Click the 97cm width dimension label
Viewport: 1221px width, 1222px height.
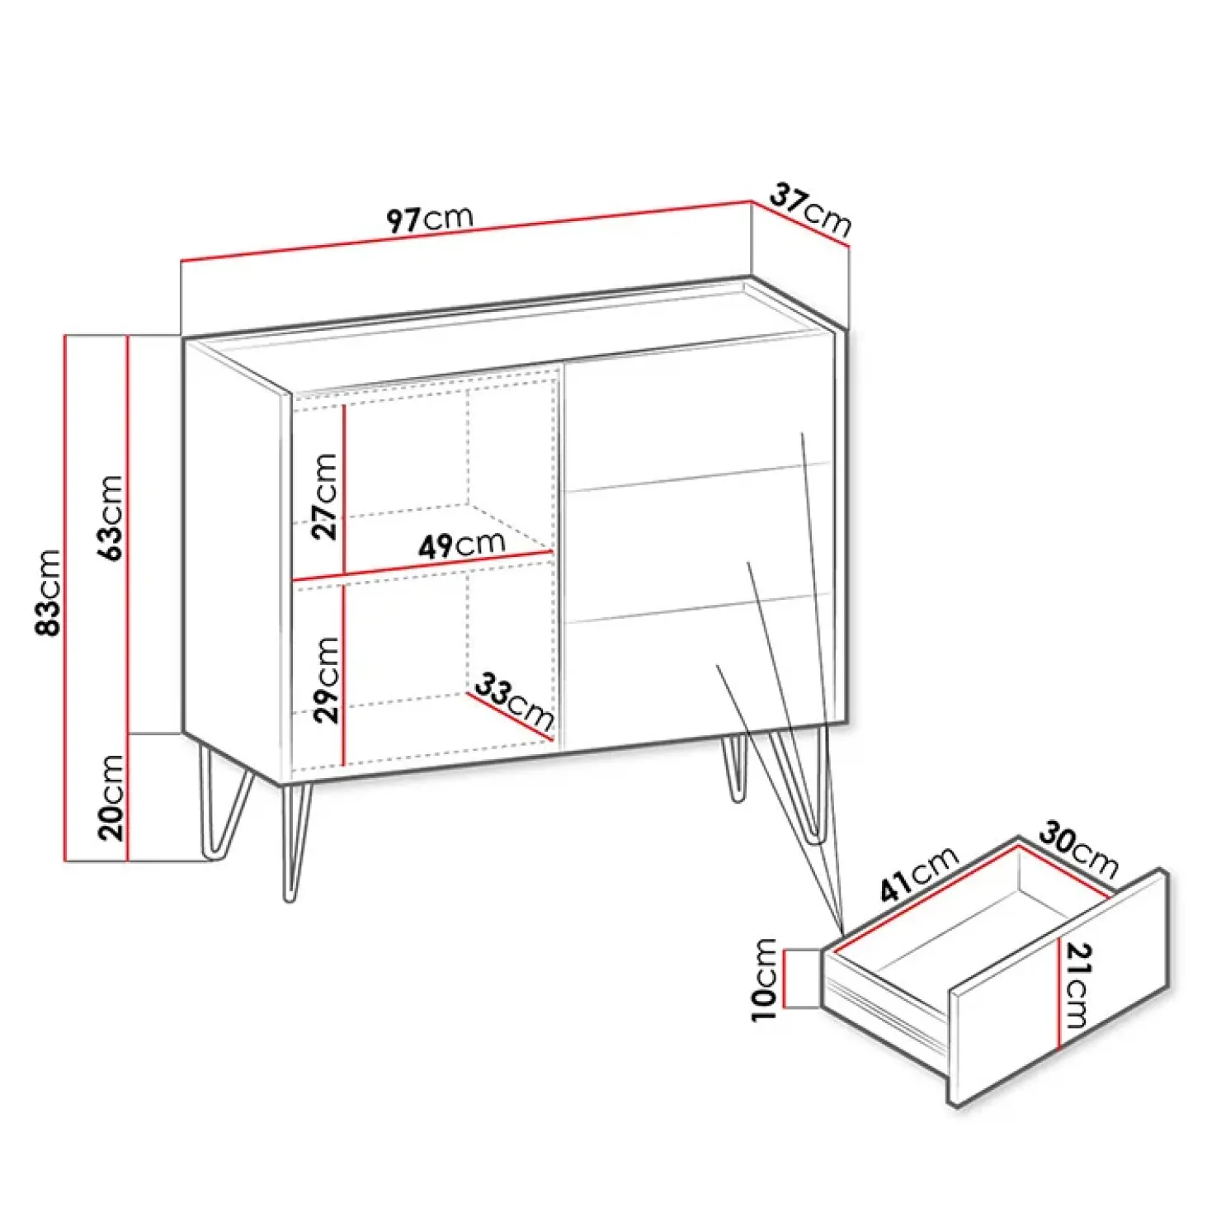pyautogui.click(x=430, y=219)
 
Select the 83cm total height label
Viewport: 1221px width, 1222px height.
pyautogui.click(x=48, y=592)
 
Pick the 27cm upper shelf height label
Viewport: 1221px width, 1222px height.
pyautogui.click(x=324, y=496)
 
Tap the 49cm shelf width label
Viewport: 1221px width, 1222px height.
pyautogui.click(x=461, y=544)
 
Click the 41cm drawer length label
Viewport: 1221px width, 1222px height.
pyautogui.click(x=919, y=874)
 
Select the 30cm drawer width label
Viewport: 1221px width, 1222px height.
pyautogui.click(x=1078, y=849)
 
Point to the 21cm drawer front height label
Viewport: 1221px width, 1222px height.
pyautogui.click(x=1077, y=985)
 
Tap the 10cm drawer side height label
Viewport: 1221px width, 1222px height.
pyautogui.click(x=764, y=979)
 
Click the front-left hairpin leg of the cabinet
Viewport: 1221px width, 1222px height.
pyautogui.click(x=294, y=842)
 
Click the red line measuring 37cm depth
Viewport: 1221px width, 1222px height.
pyautogui.click(x=800, y=222)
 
